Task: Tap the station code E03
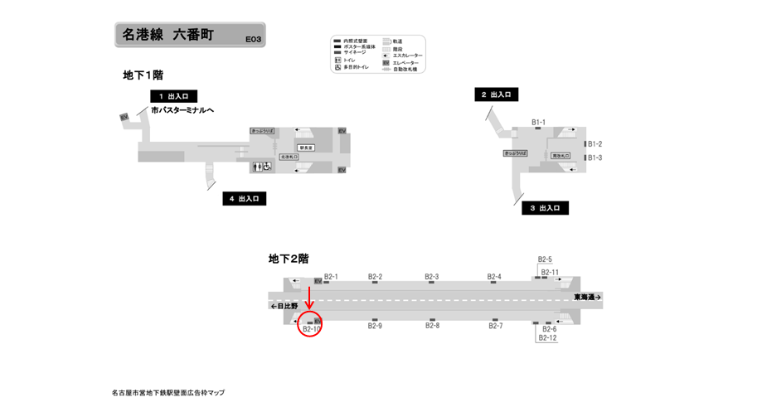click(253, 38)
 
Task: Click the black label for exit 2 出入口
click(497, 94)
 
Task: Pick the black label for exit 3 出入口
click(545, 208)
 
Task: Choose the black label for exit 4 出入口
click(243, 199)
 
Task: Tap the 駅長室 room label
click(304, 148)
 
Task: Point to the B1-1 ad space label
click(539, 123)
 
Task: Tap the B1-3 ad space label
click(595, 157)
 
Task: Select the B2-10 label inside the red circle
click(312, 329)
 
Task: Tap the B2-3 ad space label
click(431, 277)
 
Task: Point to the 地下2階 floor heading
click(288, 259)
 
